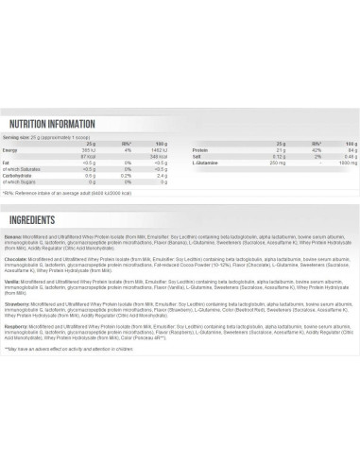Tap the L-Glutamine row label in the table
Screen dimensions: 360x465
pyautogui.click(x=198, y=162)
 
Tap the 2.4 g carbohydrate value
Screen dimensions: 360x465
pyautogui.click(x=160, y=176)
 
